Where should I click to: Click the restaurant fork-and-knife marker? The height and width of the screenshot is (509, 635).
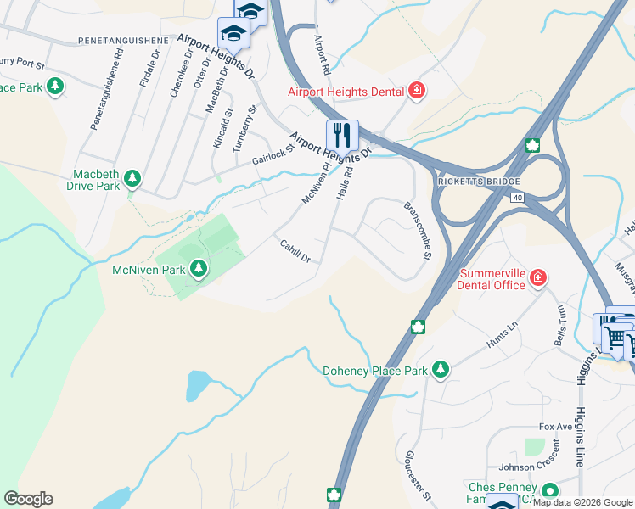click(342, 135)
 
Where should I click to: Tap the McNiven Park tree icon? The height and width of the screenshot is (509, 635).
click(199, 269)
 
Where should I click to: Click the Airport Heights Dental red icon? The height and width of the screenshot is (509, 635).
click(416, 91)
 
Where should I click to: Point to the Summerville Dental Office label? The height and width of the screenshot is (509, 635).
click(492, 279)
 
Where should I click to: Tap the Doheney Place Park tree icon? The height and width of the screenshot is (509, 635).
click(440, 369)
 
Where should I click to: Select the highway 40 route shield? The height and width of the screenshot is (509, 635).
click(517, 197)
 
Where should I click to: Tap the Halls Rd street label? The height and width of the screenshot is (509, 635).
click(344, 182)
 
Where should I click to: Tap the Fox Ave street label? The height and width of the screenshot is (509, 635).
click(556, 427)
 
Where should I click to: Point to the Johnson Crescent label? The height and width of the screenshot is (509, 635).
click(529, 466)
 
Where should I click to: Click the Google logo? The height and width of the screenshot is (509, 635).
click(28, 499)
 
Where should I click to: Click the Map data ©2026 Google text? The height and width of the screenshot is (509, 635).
click(583, 502)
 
